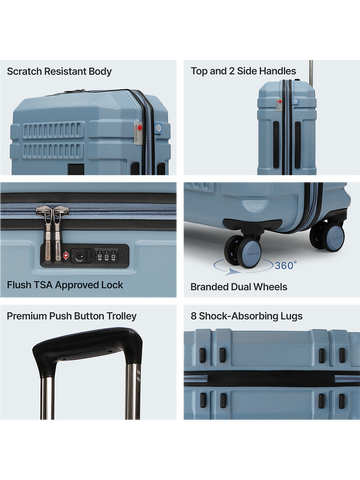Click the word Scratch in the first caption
25,71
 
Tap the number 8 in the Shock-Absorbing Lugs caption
193,316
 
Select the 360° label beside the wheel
285,265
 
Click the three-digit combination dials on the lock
107,255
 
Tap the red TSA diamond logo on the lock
66,256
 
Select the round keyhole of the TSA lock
79,256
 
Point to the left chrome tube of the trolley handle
47,398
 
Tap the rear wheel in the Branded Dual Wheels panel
328,237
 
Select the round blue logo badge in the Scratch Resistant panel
158,128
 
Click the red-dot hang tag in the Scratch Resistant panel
138,133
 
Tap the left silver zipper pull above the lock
48,232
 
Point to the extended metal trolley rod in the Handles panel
311,72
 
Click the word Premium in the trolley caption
27,316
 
